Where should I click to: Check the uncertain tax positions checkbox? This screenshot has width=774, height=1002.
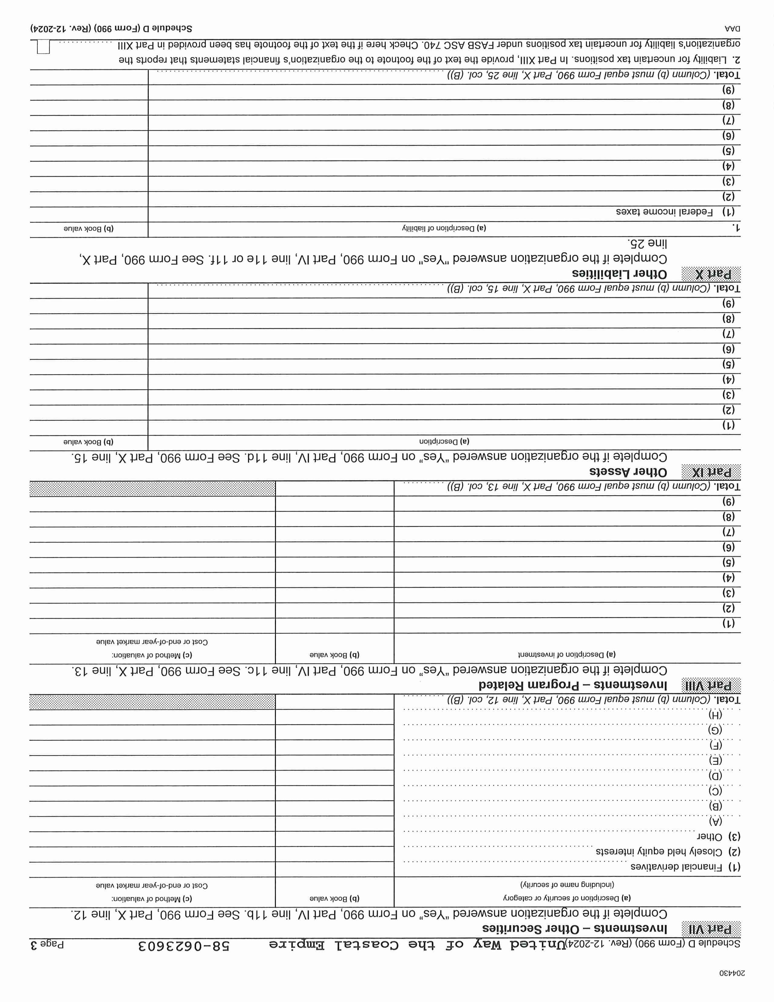pos(44,47)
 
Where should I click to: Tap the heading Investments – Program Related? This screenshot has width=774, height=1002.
pos(573,685)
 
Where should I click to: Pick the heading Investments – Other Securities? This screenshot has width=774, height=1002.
pos(575,929)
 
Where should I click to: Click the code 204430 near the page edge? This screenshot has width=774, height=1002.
pos(732,973)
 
